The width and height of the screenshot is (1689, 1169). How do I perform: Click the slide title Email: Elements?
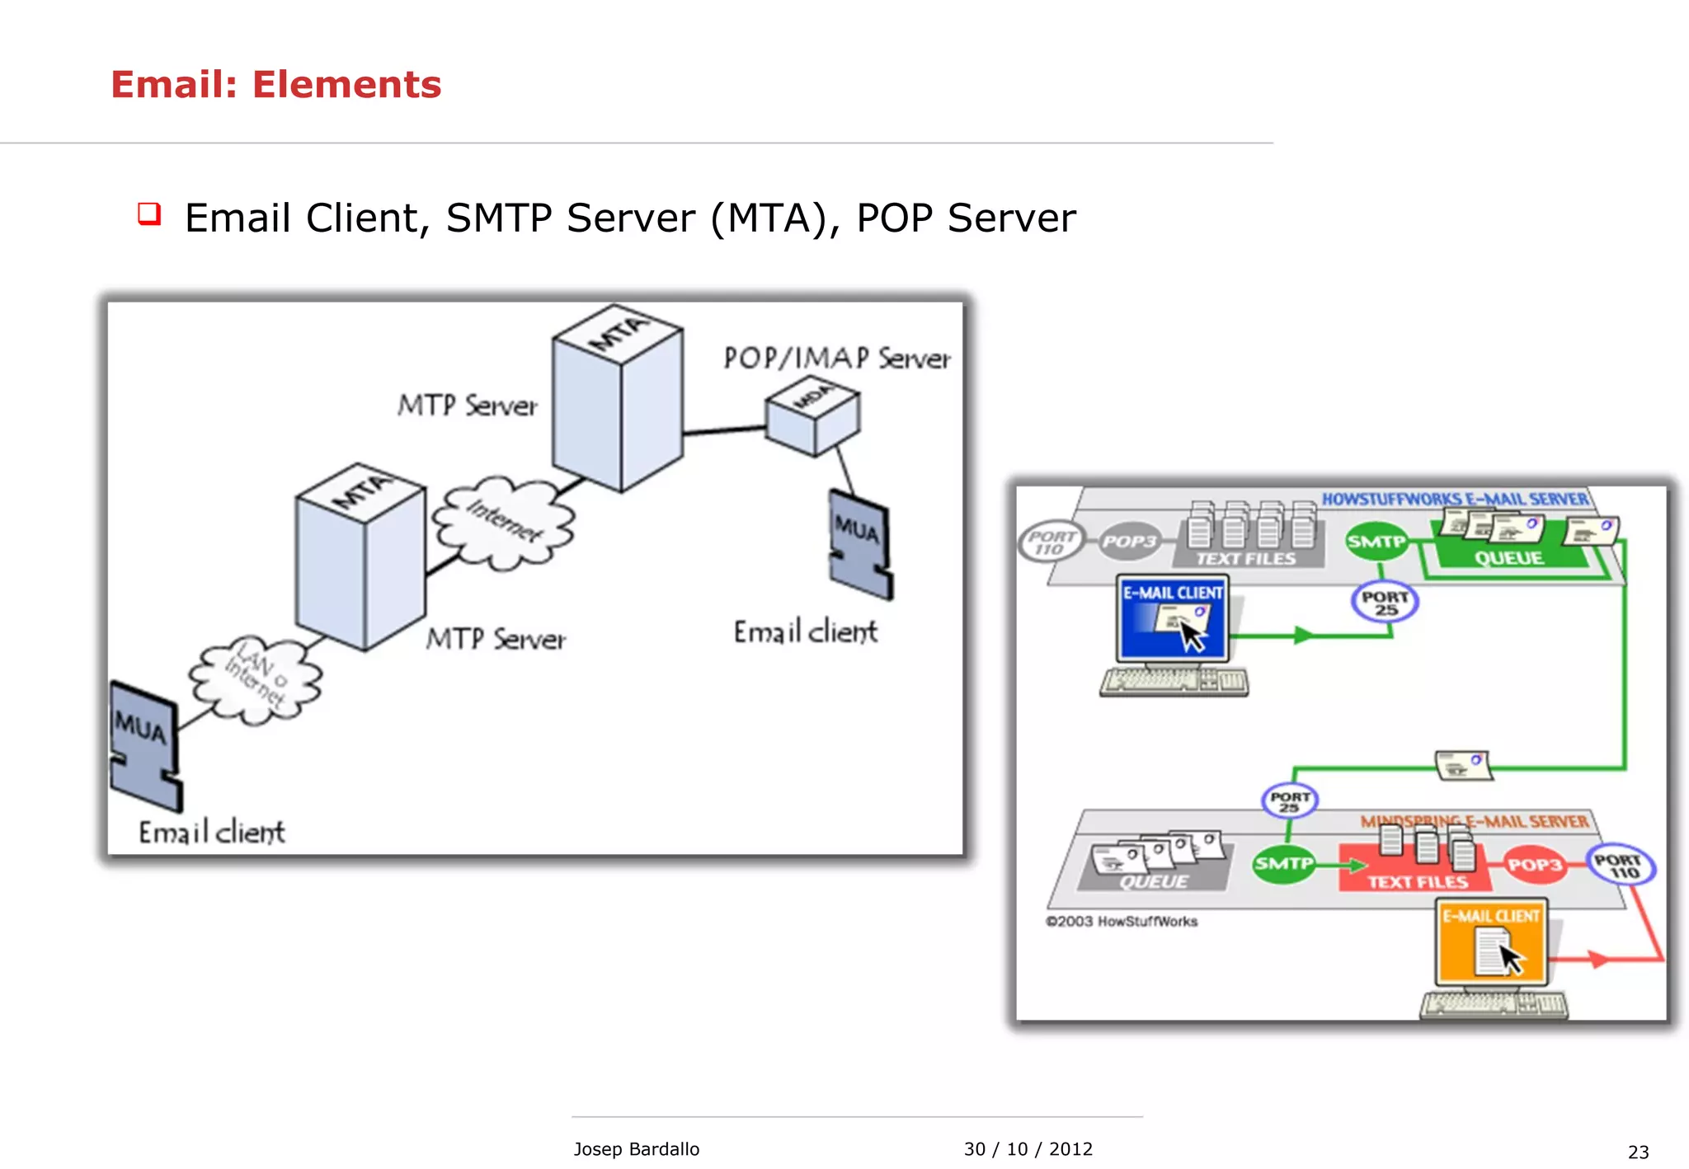[x=275, y=85]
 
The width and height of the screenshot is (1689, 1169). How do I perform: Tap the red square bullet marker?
[x=149, y=214]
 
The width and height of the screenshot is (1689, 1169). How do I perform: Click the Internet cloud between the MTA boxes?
[x=504, y=523]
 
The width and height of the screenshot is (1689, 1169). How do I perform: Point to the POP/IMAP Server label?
[x=836, y=359]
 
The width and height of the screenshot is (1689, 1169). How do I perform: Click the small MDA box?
[x=812, y=416]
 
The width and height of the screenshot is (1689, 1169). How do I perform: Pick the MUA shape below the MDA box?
[x=859, y=545]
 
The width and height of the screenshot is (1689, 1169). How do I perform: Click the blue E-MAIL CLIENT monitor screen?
[x=1172, y=619]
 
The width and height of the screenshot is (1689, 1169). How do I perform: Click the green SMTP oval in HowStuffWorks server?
[x=1376, y=542]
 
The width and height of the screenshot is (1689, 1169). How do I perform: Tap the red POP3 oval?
[x=1534, y=864]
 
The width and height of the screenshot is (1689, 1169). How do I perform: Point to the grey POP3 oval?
[x=1130, y=542]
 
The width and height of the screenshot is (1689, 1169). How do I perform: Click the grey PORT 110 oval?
[x=1051, y=542]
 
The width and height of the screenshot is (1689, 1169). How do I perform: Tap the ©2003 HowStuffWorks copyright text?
[x=1121, y=921]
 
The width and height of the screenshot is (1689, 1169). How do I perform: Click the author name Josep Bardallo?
[x=636, y=1148]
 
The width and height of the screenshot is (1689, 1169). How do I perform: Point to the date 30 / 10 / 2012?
[x=1028, y=1148]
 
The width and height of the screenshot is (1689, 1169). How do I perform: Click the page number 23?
[x=1638, y=1152]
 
